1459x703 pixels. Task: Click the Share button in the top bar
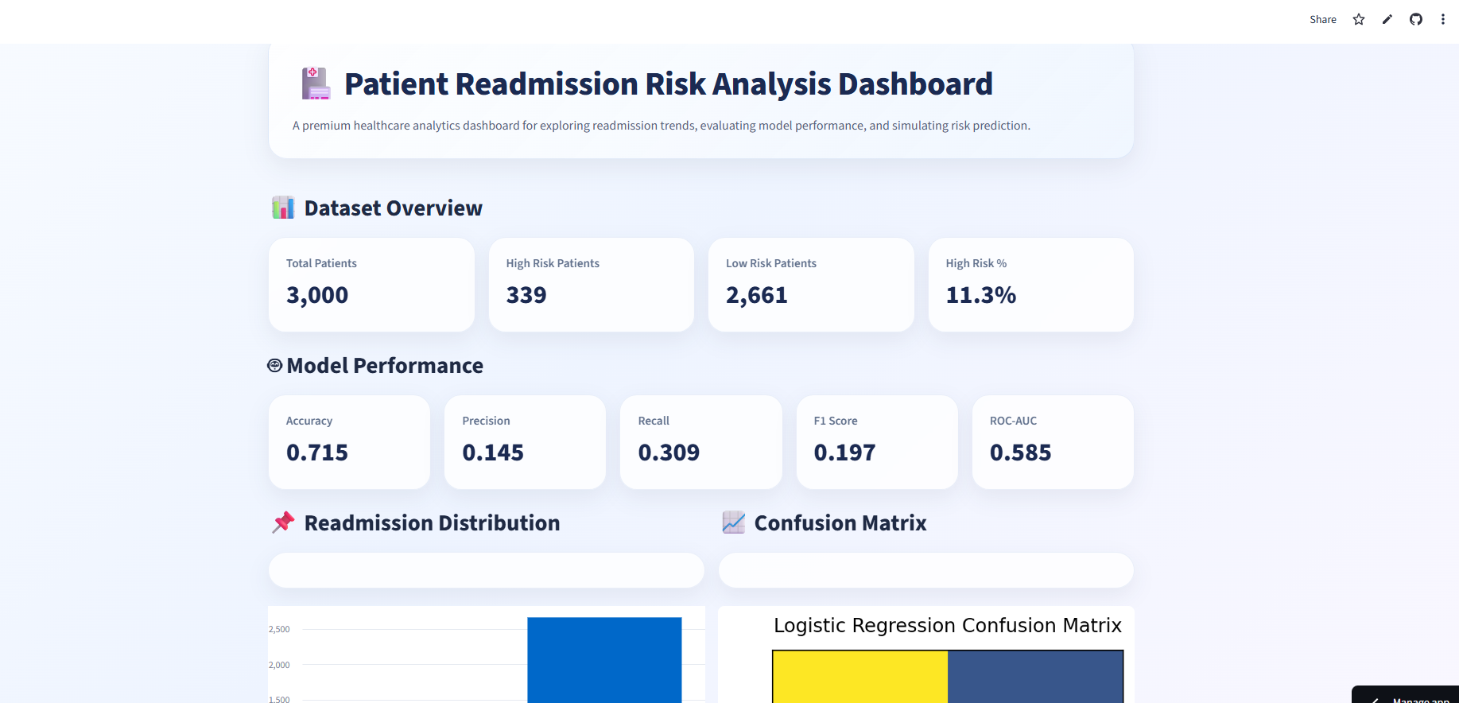[x=1322, y=19]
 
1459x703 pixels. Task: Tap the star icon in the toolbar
[x=1359, y=19]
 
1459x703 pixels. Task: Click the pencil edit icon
[x=1387, y=19]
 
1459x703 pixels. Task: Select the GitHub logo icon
[x=1416, y=19]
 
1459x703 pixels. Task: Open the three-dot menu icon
[x=1443, y=19]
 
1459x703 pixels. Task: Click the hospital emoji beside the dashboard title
[x=316, y=84]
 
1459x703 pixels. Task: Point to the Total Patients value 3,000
[x=317, y=295]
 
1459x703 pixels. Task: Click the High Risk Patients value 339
[x=526, y=295]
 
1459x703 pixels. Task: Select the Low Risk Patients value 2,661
[x=756, y=295]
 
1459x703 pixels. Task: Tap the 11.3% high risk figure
[x=980, y=295]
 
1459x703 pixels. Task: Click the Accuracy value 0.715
[x=317, y=452]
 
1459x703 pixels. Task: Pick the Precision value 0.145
[x=493, y=452]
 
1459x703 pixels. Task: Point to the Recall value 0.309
[x=669, y=452]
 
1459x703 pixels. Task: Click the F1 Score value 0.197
[x=844, y=452]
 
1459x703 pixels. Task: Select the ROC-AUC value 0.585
[x=1020, y=452]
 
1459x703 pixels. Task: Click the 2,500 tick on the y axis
[x=279, y=629]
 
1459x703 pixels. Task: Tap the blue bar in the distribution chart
[x=604, y=660]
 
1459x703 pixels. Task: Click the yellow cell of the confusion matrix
[x=860, y=676]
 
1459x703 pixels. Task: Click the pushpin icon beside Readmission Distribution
[x=283, y=522]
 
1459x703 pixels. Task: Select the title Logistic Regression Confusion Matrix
[x=947, y=626]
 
